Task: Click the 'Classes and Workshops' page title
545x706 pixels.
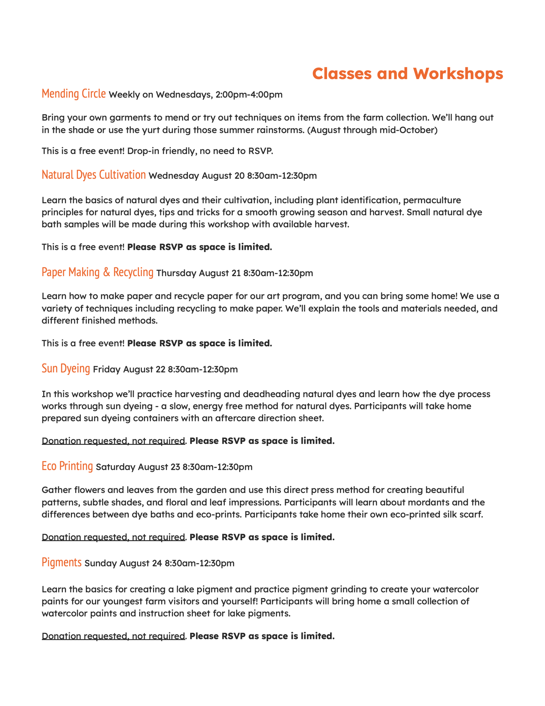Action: coord(408,74)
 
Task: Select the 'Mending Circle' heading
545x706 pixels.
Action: coord(74,94)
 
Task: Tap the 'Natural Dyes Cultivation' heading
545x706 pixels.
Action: coord(94,175)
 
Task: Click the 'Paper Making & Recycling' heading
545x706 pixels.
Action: coord(97,272)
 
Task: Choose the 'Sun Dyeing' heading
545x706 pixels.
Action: coord(66,368)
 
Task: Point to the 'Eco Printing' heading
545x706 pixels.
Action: coord(67,466)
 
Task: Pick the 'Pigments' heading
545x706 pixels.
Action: coord(61,563)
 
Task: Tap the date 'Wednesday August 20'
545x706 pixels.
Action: coord(196,176)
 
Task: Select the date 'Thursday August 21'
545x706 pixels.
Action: coord(198,273)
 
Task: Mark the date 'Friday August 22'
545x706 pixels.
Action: coord(129,370)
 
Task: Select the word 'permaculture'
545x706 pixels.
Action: coord(432,200)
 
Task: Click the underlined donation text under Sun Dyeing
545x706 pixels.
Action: coord(114,441)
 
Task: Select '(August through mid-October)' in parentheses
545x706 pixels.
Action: coord(372,130)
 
